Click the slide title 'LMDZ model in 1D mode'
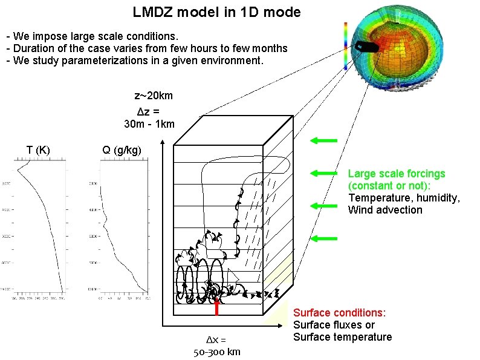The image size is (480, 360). pyautogui.click(x=216, y=12)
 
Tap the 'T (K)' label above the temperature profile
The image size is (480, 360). pyautogui.click(x=38, y=150)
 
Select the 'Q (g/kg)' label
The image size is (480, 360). pyautogui.click(x=122, y=150)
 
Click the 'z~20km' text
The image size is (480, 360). pyautogui.click(x=154, y=96)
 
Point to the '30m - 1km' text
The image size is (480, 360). pyautogui.click(x=149, y=124)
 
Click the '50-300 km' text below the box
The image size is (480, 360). pyautogui.click(x=216, y=352)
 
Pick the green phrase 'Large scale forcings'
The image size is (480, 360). pyautogui.click(x=397, y=174)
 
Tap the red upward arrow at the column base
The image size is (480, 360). pyautogui.click(x=216, y=306)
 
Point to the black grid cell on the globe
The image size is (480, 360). pyautogui.click(x=367, y=47)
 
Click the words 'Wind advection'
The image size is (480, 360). pyautogui.click(x=385, y=210)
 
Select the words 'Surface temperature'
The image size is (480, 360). pyautogui.click(x=342, y=337)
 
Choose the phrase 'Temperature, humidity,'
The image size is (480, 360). pyautogui.click(x=404, y=198)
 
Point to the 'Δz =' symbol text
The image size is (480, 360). pyautogui.click(x=149, y=111)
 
